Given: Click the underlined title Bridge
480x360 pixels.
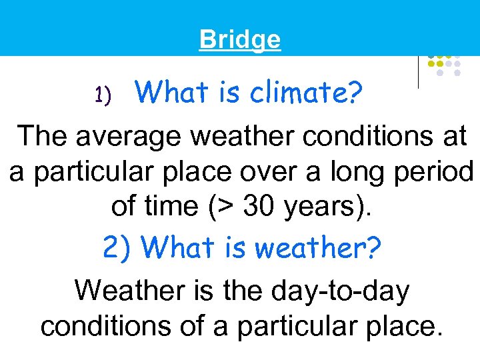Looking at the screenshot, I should [240, 40].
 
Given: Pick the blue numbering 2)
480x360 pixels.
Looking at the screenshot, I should [119, 248].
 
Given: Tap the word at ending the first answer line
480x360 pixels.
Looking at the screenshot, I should [454, 137].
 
